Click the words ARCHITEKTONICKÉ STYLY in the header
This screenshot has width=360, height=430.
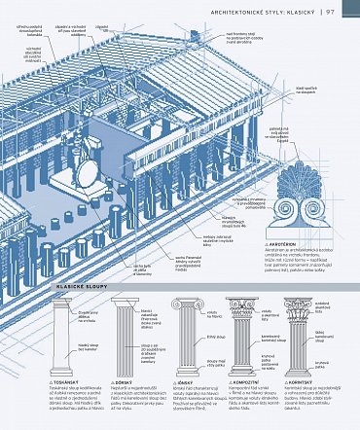pos(247,12)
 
